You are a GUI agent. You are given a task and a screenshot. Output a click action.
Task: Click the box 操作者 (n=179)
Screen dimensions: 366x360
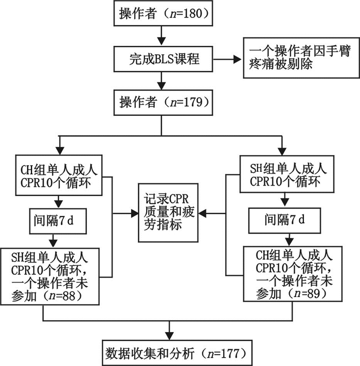162,102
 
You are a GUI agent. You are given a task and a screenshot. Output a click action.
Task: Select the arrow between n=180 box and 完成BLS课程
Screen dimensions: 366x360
162,36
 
